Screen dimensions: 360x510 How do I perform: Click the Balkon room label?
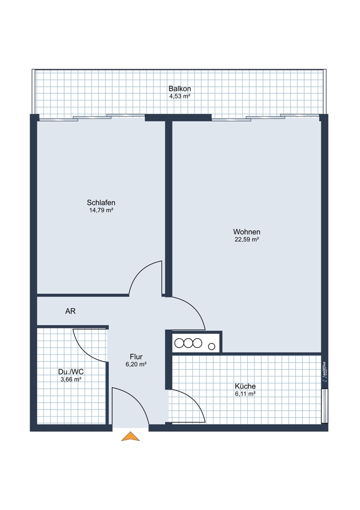pyautogui.click(x=179, y=89)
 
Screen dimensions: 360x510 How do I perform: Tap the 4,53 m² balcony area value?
pyautogui.click(x=179, y=96)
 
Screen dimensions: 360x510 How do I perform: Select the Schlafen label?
pyautogui.click(x=101, y=202)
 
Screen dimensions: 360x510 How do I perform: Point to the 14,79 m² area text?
pyautogui.click(x=101, y=210)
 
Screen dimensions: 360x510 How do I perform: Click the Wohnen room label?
pyautogui.click(x=247, y=232)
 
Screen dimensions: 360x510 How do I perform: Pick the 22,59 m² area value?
pyautogui.click(x=247, y=240)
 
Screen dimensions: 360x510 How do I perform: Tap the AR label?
pyautogui.click(x=70, y=311)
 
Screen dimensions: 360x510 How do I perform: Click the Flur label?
pyautogui.click(x=136, y=357)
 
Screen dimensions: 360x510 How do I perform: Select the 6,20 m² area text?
pyautogui.click(x=136, y=365)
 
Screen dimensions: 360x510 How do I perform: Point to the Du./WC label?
pyautogui.click(x=71, y=372)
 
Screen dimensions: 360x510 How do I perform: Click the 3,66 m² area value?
pyautogui.click(x=71, y=379)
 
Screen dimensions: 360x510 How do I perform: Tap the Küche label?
pyautogui.click(x=245, y=387)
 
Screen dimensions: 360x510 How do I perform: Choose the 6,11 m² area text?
pyautogui.click(x=245, y=394)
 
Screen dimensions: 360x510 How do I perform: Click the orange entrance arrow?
pyautogui.click(x=131, y=436)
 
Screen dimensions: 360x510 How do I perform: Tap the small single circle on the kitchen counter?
pyautogui.click(x=212, y=347)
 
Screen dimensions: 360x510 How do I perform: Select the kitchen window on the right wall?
pyautogui.click(x=324, y=405)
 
